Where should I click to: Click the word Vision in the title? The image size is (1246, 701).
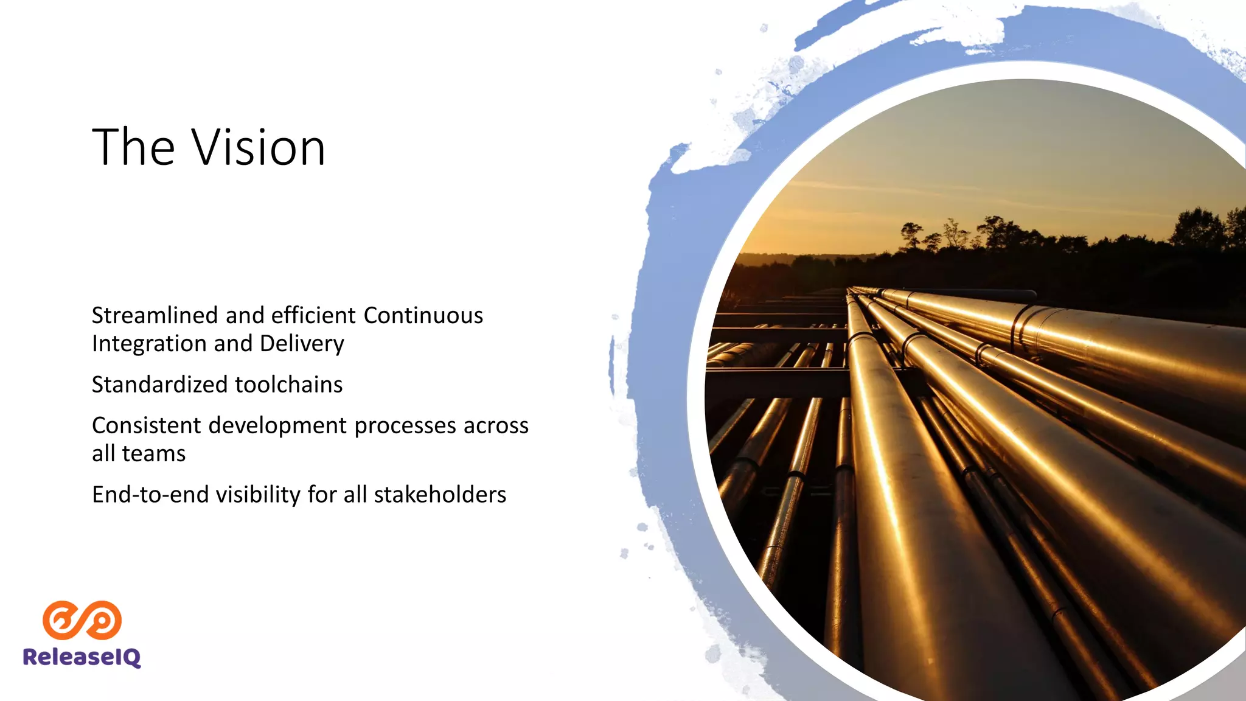click(x=259, y=148)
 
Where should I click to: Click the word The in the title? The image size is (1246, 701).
click(x=134, y=148)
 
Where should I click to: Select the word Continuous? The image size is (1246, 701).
click(x=423, y=316)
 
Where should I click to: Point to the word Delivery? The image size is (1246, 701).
click(x=302, y=344)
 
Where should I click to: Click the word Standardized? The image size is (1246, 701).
click(x=159, y=385)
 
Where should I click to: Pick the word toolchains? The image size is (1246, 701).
click(x=289, y=385)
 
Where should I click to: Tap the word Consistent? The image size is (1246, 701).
click(x=146, y=425)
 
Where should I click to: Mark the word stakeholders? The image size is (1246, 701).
click(x=439, y=495)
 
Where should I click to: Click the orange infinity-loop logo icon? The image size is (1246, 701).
click(x=82, y=620)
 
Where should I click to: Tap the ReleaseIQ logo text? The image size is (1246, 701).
click(x=82, y=657)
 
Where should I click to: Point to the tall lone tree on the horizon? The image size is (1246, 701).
click(x=911, y=234)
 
